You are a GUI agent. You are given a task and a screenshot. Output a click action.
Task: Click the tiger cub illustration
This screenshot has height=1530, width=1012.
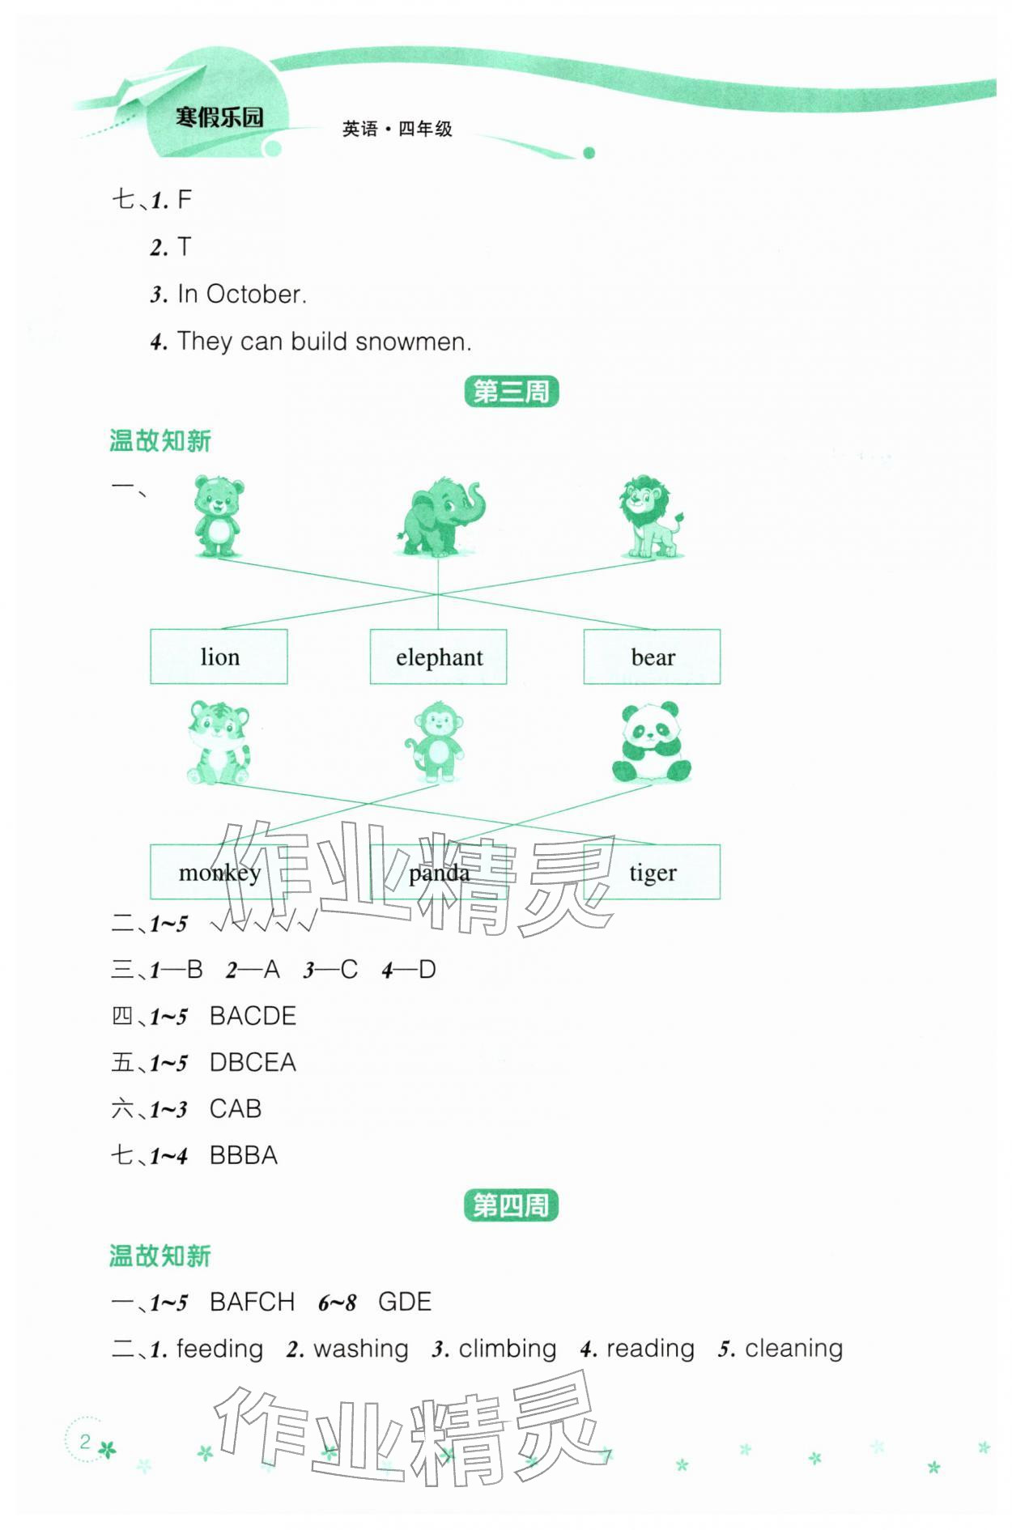pyautogui.click(x=219, y=742)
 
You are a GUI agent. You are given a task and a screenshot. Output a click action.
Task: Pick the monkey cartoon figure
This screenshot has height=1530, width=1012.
pyautogui.click(x=437, y=742)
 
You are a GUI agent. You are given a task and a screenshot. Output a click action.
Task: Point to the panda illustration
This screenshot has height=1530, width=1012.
pyautogui.click(x=652, y=742)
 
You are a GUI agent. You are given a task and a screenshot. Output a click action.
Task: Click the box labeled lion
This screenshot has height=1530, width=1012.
pyautogui.click(x=219, y=657)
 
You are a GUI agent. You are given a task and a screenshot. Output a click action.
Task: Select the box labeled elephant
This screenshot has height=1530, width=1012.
pyautogui.click(x=438, y=657)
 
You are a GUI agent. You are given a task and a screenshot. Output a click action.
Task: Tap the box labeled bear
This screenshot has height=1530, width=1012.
pyautogui.click(x=652, y=657)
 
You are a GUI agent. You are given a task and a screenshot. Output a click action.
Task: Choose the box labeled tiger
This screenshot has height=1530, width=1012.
pyautogui.click(x=652, y=872)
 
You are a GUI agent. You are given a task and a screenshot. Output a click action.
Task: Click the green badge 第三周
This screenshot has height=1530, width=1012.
pyautogui.click(x=511, y=392)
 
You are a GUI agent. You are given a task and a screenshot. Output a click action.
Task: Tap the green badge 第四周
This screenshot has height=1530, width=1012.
pyautogui.click(x=511, y=1205)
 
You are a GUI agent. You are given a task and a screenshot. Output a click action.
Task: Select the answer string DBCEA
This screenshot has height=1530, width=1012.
pyautogui.click(x=253, y=1062)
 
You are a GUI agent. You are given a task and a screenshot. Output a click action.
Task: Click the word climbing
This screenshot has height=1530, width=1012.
pyautogui.click(x=507, y=1349)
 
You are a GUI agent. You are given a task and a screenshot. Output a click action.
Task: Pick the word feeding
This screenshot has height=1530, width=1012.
pyautogui.click(x=219, y=1349)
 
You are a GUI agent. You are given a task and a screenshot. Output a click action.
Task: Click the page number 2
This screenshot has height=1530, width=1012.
pyautogui.click(x=84, y=1442)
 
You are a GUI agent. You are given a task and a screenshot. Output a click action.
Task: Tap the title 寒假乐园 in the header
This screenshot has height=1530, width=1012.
pyautogui.click(x=219, y=117)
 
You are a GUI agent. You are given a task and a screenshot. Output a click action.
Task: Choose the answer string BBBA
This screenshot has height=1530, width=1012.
pyautogui.click(x=243, y=1155)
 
